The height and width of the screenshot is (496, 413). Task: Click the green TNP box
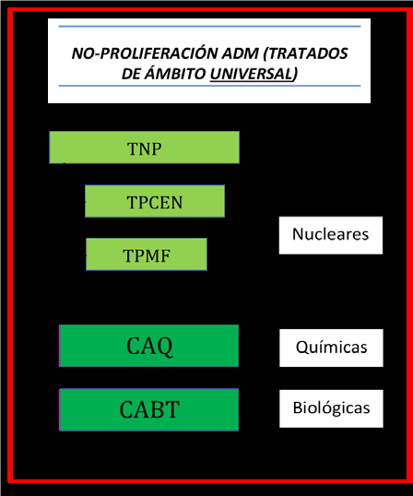pyautogui.click(x=144, y=148)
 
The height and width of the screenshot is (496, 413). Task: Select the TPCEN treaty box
pyautogui.click(x=155, y=201)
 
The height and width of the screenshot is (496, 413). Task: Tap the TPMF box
pyautogui.click(x=147, y=254)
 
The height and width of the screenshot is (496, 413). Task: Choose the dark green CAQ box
pyautogui.click(x=149, y=346)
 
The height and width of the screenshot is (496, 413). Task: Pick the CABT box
pyautogui.click(x=149, y=409)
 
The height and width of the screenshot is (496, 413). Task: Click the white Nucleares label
pyautogui.click(x=331, y=235)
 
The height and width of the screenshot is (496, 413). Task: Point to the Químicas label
pyautogui.click(x=331, y=348)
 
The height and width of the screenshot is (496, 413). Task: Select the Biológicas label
pyautogui.click(x=331, y=408)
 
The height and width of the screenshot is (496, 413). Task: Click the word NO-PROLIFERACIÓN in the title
pyautogui.click(x=145, y=53)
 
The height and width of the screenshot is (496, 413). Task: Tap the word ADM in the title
pyautogui.click(x=240, y=53)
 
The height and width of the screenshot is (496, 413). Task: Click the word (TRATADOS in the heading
pyautogui.click(x=306, y=53)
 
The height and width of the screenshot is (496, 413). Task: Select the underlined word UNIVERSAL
pyautogui.click(x=253, y=74)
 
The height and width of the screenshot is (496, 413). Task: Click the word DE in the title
pyautogui.click(x=131, y=74)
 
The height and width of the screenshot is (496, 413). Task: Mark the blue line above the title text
pyautogui.click(x=209, y=26)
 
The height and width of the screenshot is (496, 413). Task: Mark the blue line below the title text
pyautogui.click(x=209, y=86)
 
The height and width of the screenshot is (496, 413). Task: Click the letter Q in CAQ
pyautogui.click(x=165, y=347)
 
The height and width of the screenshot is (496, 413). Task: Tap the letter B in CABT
pyautogui.click(x=150, y=410)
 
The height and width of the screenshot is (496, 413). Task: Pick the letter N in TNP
pyautogui.click(x=144, y=149)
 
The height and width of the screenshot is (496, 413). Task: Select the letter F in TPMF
pyautogui.click(x=166, y=256)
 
